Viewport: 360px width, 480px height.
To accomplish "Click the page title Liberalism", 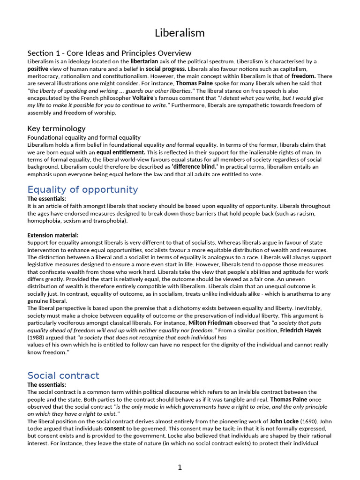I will (x=180, y=33).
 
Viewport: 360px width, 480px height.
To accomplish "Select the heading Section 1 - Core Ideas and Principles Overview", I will (x=109, y=53).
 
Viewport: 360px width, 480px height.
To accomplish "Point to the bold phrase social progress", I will (x=166, y=69).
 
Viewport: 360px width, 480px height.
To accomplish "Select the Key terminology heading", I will (x=56, y=128).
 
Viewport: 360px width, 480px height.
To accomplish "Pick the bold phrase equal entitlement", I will (x=121, y=152).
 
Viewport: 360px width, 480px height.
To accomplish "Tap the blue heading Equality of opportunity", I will (x=82, y=189).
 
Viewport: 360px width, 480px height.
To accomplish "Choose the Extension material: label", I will (x=53, y=235).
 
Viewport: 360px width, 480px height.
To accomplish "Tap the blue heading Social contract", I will (x=63, y=375).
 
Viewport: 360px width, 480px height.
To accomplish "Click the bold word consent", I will (x=114, y=429).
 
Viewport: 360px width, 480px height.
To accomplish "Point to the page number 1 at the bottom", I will (x=180, y=467).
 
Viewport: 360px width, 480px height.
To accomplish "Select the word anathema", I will (x=301, y=294).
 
